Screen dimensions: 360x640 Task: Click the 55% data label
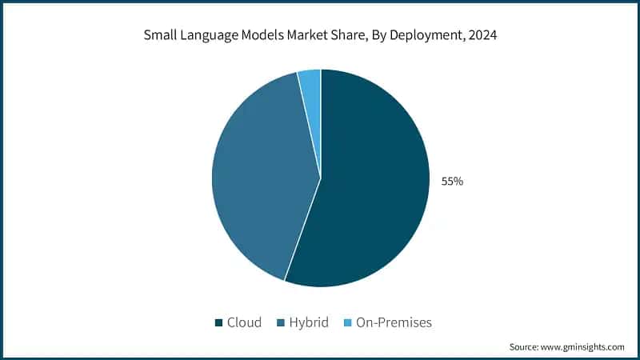click(x=452, y=182)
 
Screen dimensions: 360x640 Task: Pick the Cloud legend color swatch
click(x=218, y=323)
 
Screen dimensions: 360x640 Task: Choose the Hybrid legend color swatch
click(x=280, y=323)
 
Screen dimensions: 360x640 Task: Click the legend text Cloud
click(x=244, y=323)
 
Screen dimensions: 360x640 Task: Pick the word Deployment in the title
click(x=428, y=36)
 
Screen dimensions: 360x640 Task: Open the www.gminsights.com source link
click(x=583, y=347)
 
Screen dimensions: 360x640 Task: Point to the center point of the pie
click(x=321, y=178)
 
